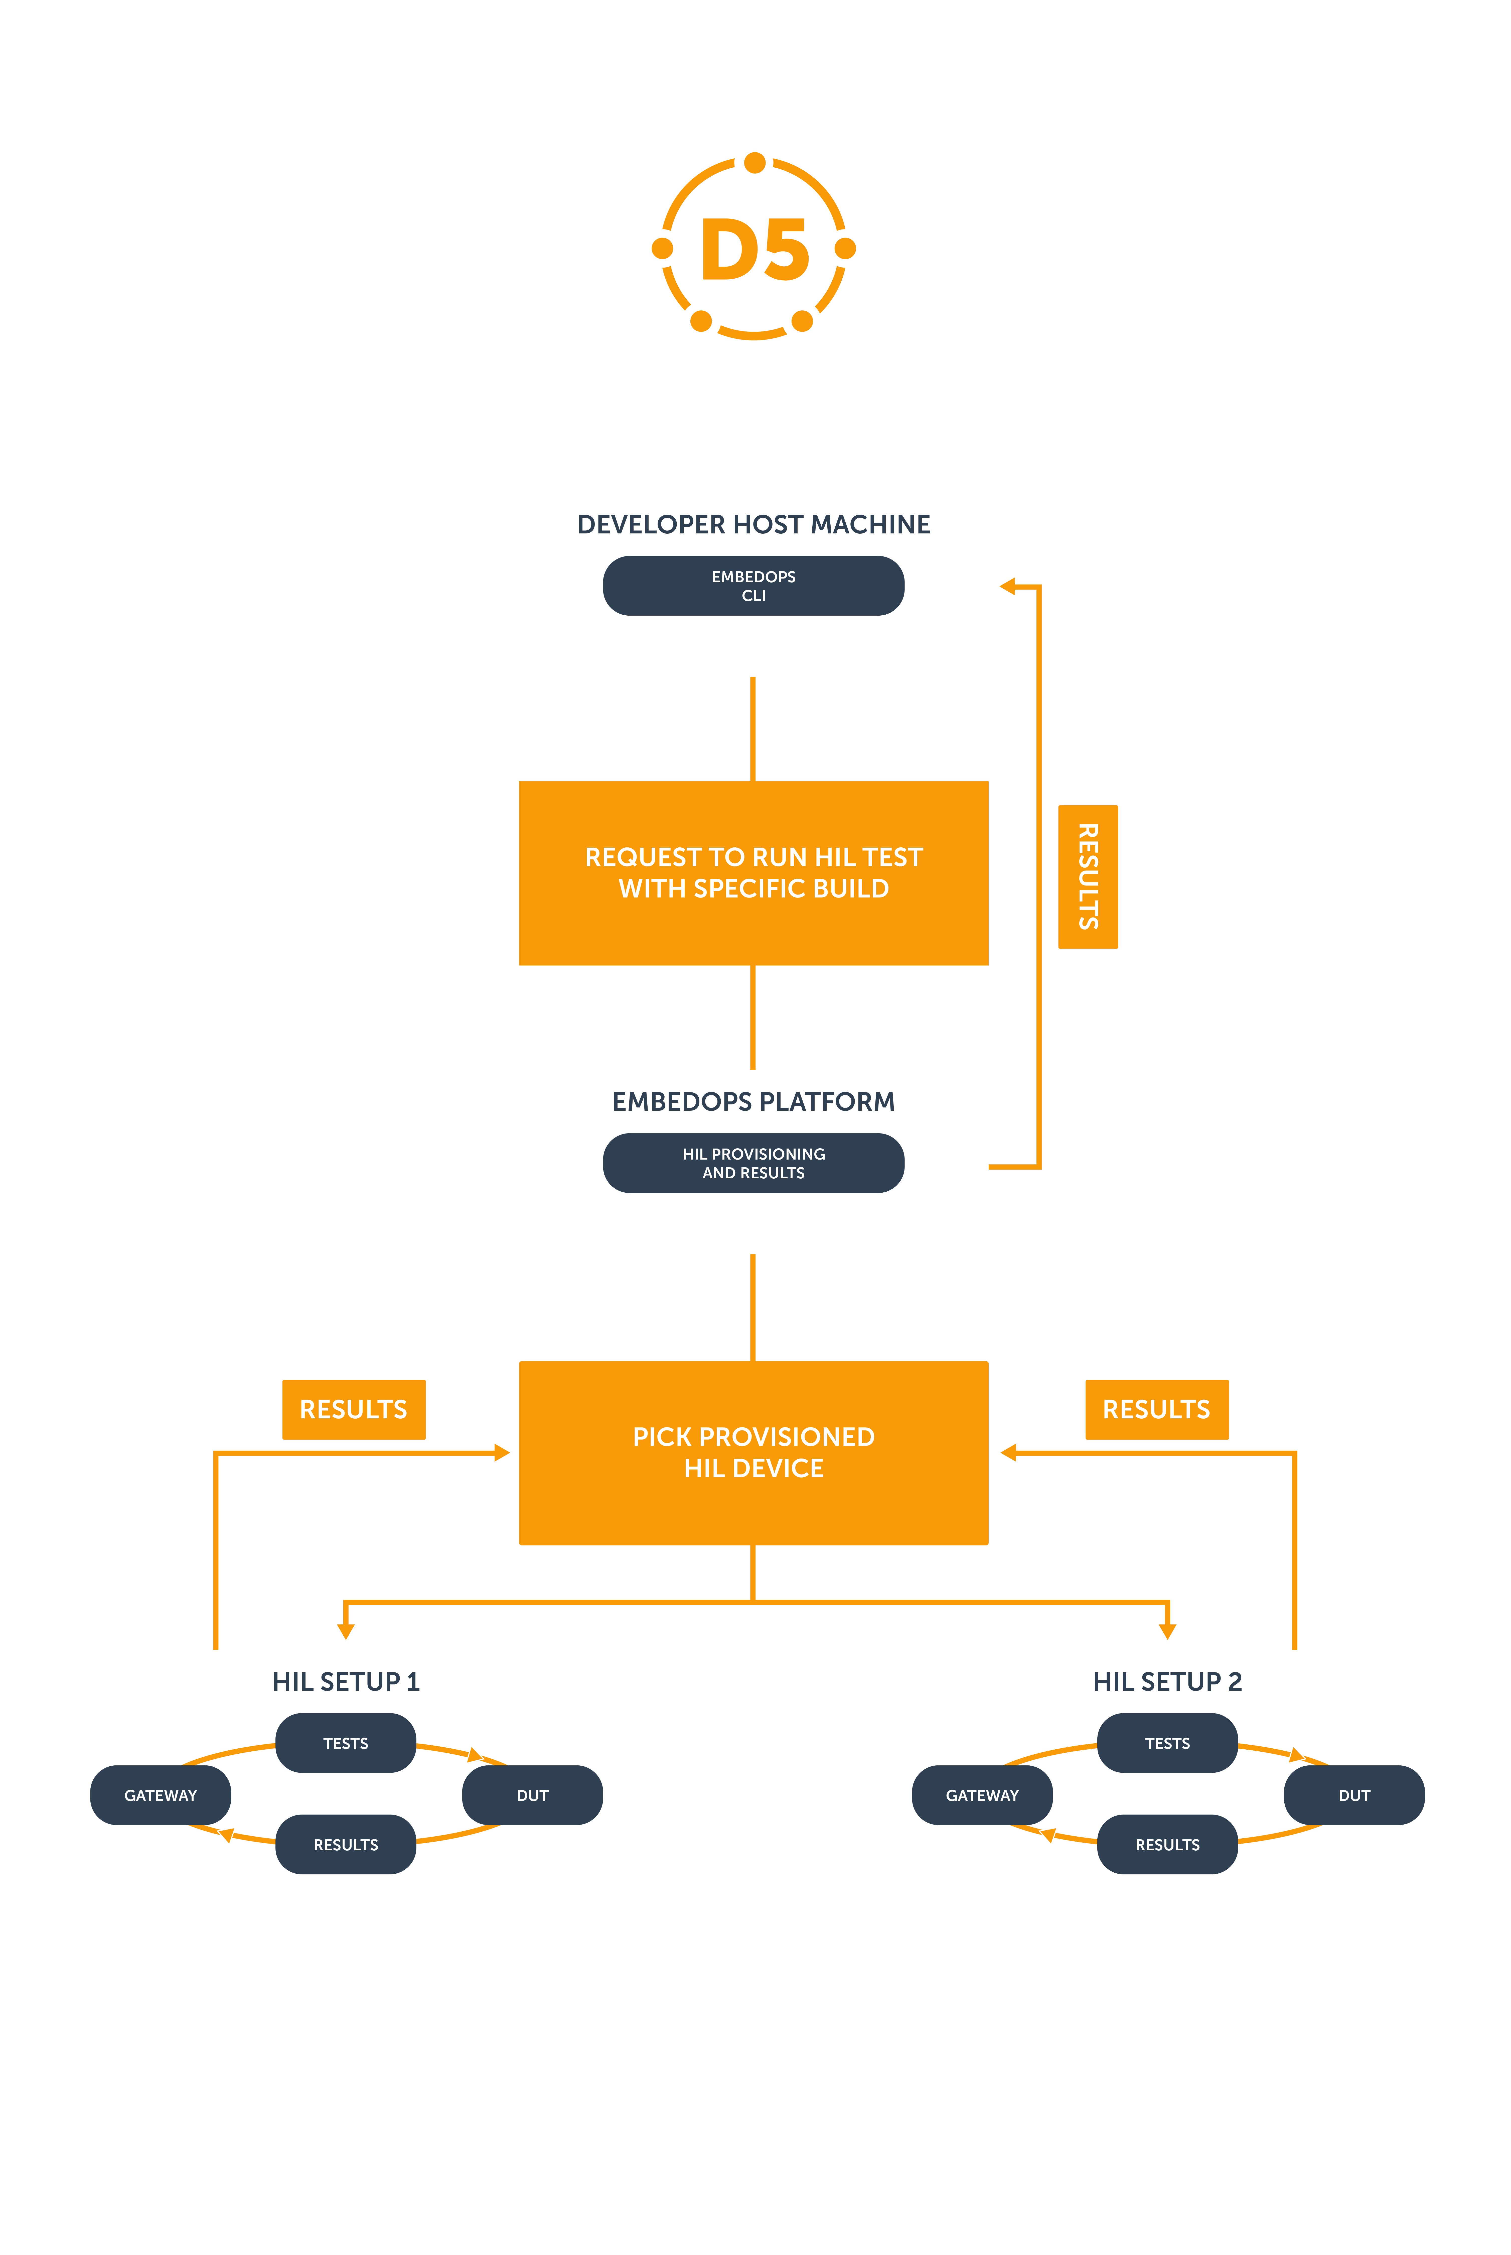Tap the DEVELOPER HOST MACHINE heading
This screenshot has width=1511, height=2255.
coord(753,524)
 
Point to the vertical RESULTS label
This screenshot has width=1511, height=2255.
coord(1088,876)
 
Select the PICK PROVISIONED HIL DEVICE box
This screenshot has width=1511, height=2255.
coord(753,1453)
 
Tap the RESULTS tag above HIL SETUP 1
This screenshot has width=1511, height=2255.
coord(354,1409)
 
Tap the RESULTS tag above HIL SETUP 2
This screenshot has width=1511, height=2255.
coord(1156,1409)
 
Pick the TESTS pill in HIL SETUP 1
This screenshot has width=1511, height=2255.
coord(346,1743)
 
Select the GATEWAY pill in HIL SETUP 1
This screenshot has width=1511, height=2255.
coord(161,1795)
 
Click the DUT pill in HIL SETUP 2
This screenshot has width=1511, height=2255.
coord(1354,1795)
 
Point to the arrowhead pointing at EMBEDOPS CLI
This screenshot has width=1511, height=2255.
coord(1007,586)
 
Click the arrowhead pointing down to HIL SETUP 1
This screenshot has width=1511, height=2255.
coord(346,1631)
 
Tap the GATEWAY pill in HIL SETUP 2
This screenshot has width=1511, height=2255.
coord(982,1795)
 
